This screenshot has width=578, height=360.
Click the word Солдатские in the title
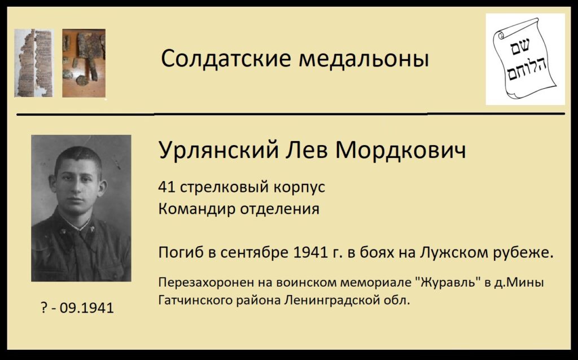tap(226, 59)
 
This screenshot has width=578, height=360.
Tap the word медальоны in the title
tap(364, 59)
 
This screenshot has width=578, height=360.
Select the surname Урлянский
tap(218, 150)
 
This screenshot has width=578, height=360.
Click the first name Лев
tap(306, 150)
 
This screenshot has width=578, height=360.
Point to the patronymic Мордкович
tap(401, 150)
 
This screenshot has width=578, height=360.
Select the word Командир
tap(197, 209)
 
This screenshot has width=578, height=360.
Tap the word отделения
tap(280, 209)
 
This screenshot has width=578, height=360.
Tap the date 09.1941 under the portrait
tap(86, 308)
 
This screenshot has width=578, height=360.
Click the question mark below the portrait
tap(44, 308)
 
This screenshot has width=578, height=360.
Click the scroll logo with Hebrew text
tap(526, 59)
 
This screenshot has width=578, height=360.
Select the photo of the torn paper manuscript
tap(33, 63)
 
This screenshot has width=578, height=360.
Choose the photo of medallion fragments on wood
tap(84, 63)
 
